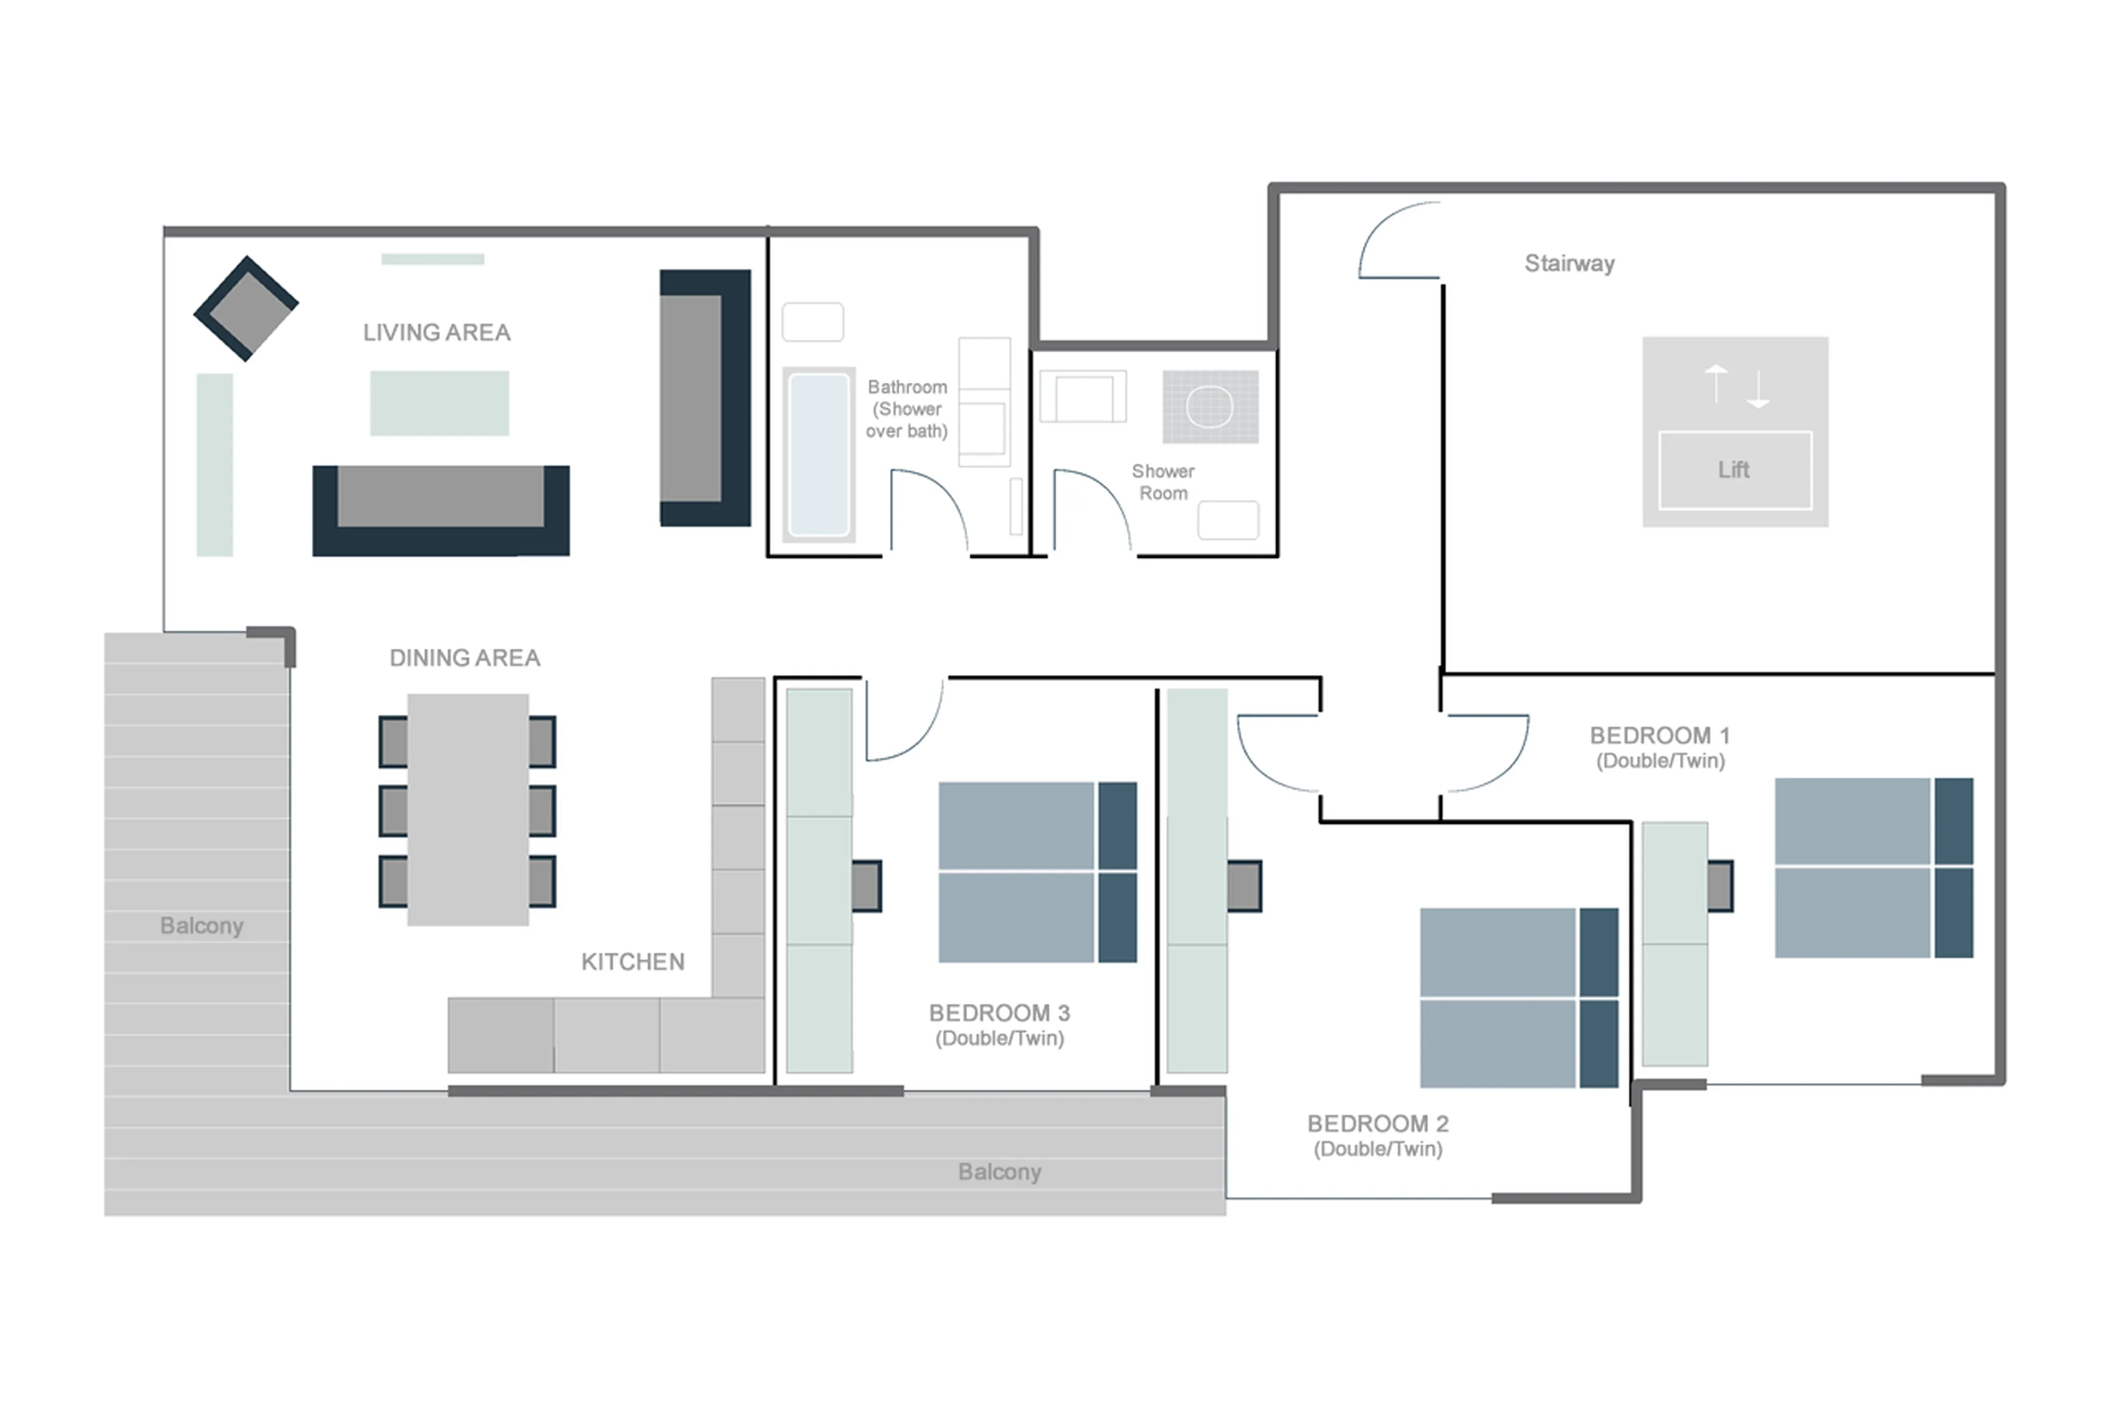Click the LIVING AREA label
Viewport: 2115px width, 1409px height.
(x=436, y=333)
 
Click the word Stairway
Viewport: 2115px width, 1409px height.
(x=1569, y=263)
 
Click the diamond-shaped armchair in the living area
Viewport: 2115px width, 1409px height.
(x=246, y=308)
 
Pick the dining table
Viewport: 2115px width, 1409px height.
(x=468, y=809)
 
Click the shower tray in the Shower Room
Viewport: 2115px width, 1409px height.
(x=1210, y=406)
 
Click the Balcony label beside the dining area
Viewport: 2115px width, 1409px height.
(x=202, y=926)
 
